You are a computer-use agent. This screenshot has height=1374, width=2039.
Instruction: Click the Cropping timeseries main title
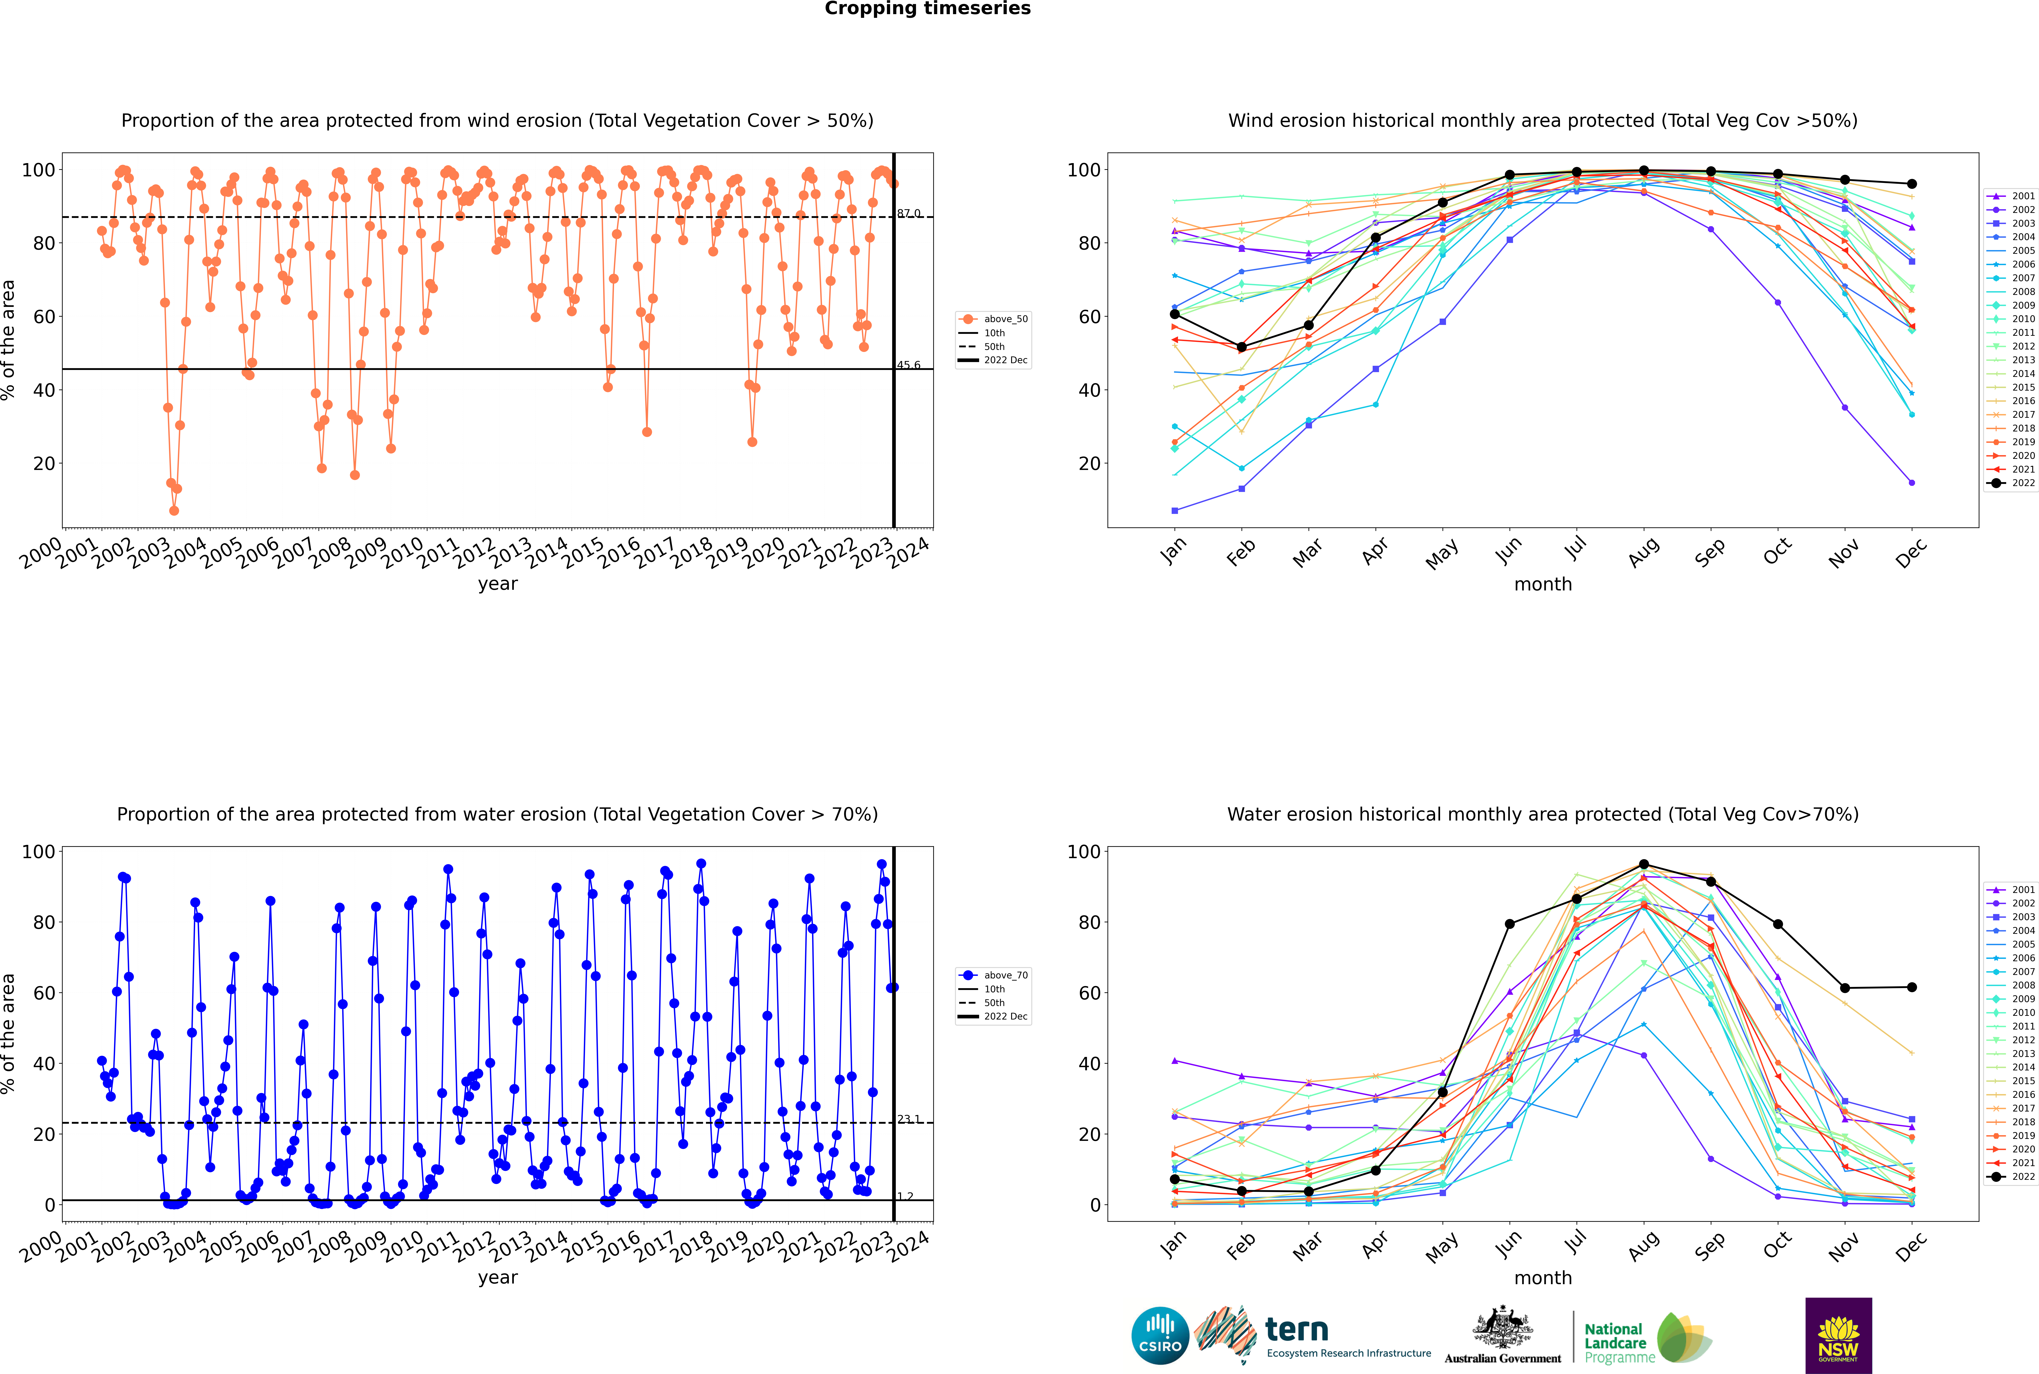point(927,9)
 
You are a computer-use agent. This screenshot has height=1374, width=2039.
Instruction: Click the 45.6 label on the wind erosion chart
point(908,365)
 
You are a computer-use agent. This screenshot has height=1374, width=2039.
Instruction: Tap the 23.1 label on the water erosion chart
point(908,1119)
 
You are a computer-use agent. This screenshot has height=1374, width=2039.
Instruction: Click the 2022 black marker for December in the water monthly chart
point(1912,988)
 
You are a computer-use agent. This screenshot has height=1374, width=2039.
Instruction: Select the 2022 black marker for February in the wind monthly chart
point(1241,347)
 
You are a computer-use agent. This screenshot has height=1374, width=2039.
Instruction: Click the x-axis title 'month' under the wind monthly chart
point(1543,585)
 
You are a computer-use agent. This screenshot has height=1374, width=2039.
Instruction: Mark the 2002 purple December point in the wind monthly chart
point(1912,483)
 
